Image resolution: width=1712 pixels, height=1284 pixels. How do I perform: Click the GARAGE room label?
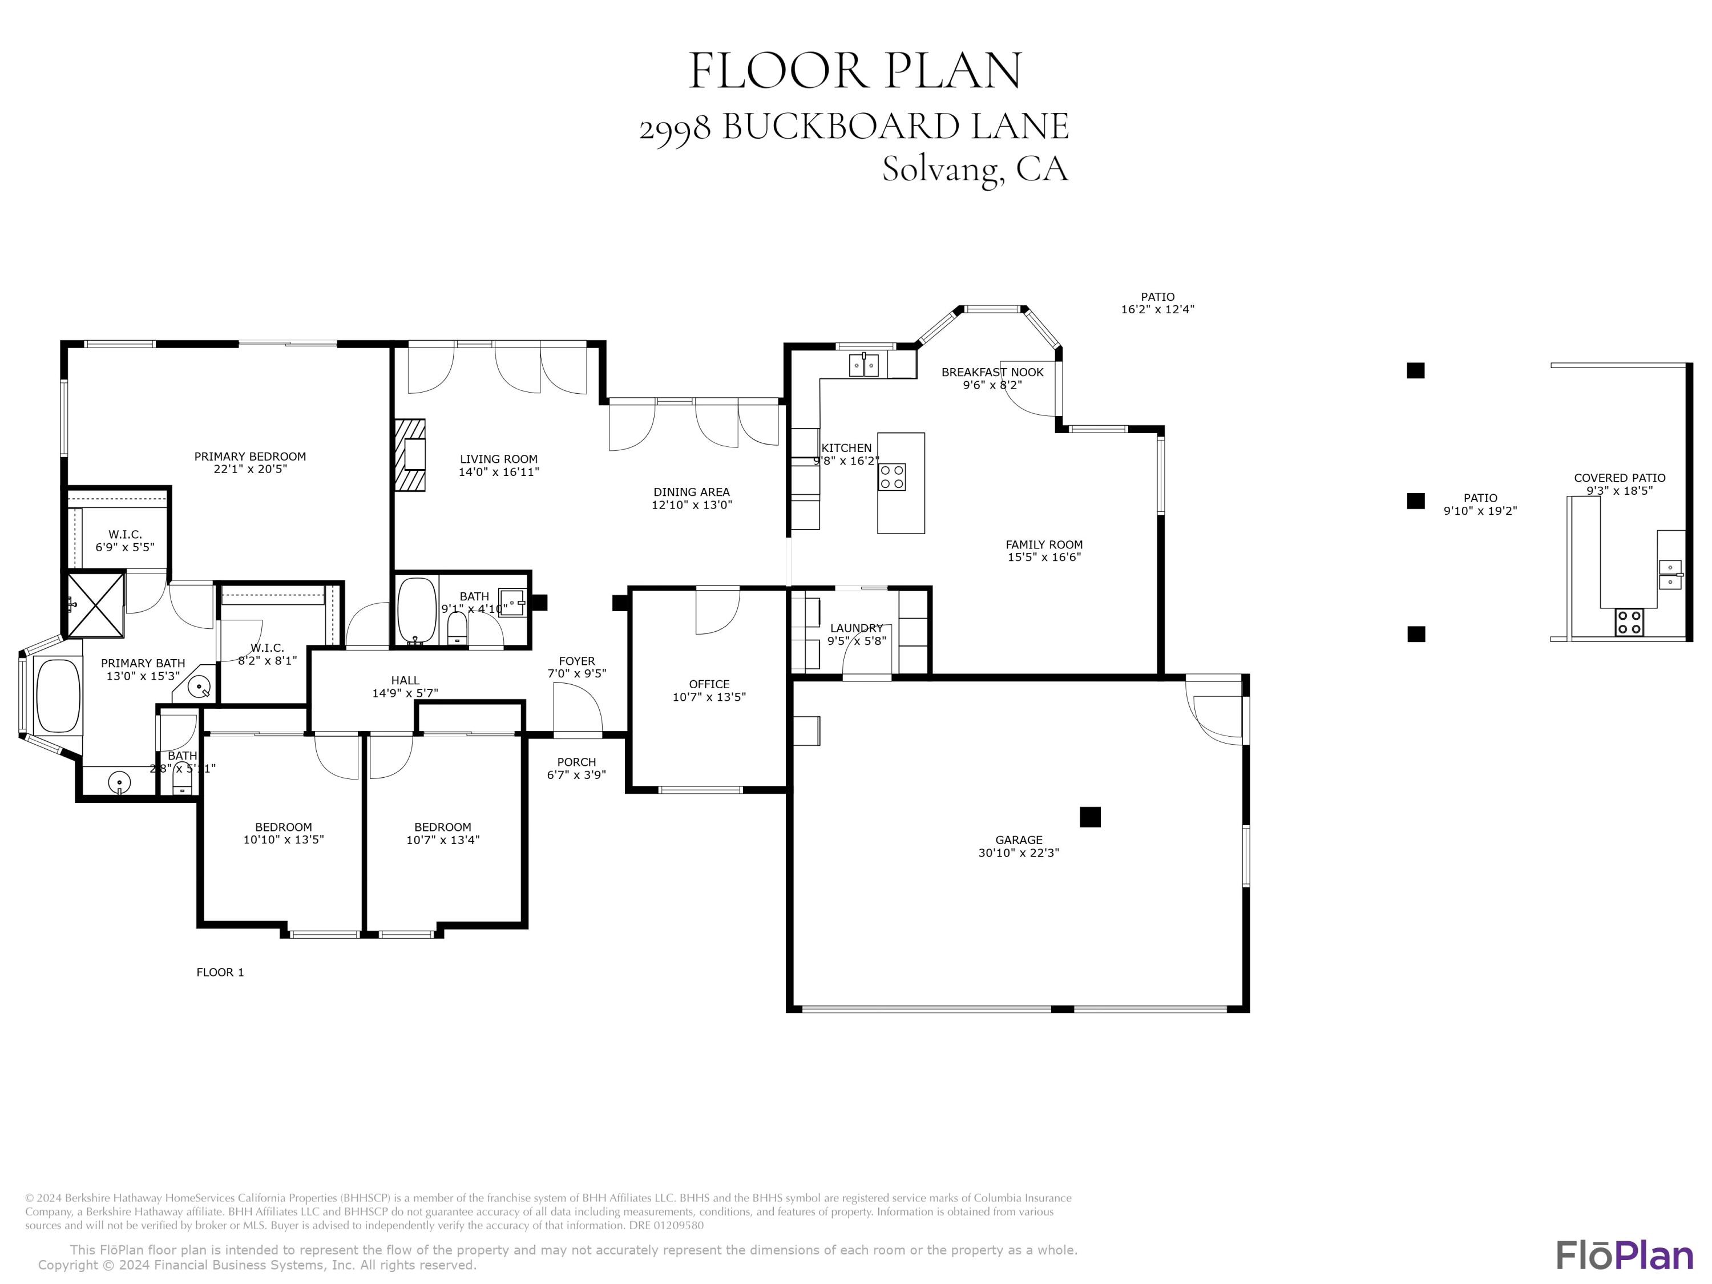(1019, 840)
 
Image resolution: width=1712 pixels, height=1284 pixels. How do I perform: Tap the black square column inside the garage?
(1090, 817)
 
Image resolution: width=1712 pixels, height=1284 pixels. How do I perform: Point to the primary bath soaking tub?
(58, 695)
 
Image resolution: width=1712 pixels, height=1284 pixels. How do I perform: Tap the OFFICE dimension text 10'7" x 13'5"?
(709, 697)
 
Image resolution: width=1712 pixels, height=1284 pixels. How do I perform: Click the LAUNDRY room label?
(856, 628)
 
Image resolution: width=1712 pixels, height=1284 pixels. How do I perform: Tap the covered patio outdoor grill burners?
(1629, 622)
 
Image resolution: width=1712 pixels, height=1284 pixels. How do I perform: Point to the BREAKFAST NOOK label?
(992, 372)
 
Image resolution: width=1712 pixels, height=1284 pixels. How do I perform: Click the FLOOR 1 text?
(220, 972)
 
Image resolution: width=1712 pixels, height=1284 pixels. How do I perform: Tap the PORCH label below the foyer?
(576, 762)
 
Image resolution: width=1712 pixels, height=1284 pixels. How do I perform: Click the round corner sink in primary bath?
(200, 687)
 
